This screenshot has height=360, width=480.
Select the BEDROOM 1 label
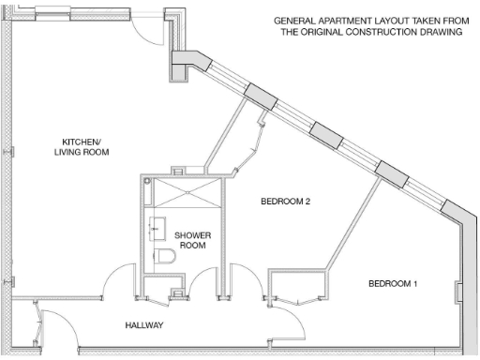point(393,283)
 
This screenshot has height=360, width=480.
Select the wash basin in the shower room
point(156,229)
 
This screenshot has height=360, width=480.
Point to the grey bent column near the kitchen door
point(187,64)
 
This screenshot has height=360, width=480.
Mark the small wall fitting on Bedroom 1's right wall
point(457,292)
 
